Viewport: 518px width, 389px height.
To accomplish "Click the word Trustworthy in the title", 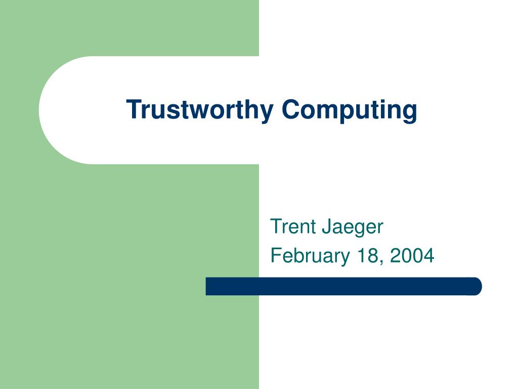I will click(200, 109).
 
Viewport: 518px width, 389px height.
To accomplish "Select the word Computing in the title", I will click(350, 109).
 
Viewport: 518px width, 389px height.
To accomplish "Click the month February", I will click(310, 256).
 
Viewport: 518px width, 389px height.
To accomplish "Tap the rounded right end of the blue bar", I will click(477, 286).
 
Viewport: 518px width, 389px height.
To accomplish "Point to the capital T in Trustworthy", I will click(133, 109).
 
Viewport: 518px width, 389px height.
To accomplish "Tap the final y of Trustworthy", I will click(268, 112).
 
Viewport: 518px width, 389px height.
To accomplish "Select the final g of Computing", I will click(410, 112).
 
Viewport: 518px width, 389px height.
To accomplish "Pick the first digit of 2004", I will click(394, 256).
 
